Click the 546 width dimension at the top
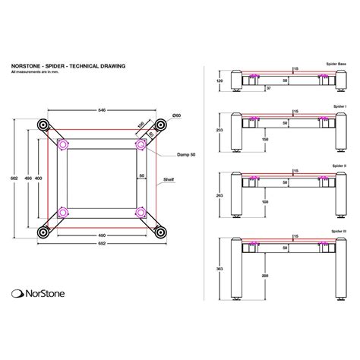[x=102, y=109]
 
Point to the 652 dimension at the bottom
[x=102, y=245]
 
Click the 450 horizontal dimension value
[x=102, y=235]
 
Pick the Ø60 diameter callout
[x=175, y=115]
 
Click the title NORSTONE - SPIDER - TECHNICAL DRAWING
[x=66, y=67]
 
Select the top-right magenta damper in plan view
[x=140, y=142]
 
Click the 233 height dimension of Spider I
[x=219, y=131]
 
